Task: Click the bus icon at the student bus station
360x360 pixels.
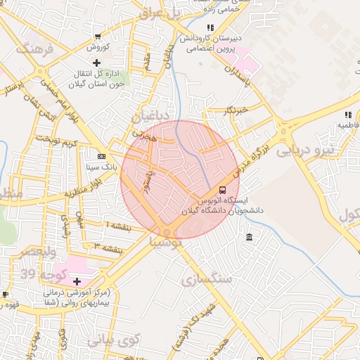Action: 223,190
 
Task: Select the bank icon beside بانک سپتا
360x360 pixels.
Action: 102,156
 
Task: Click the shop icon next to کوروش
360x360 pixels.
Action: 97,37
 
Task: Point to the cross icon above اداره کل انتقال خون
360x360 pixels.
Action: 106,63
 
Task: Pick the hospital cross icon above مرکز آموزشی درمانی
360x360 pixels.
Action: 77,281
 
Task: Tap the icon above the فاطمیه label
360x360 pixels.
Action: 347,115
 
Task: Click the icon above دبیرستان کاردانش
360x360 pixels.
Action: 210,27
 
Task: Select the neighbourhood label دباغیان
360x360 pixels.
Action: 150,114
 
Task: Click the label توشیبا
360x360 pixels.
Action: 166,241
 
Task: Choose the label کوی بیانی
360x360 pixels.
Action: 115,340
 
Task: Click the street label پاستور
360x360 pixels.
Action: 143,181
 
